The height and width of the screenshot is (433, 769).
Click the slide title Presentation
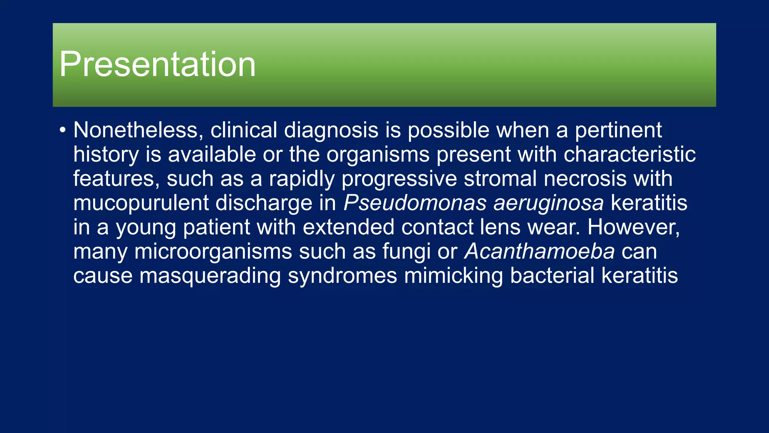tap(157, 64)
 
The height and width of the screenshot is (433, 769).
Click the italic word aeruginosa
tap(548, 203)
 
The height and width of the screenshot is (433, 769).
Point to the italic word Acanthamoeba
tap(540, 251)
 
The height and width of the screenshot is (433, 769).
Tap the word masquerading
tap(210, 276)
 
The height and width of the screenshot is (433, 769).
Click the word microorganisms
tap(213, 251)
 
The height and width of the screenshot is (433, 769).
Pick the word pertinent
tap(618, 130)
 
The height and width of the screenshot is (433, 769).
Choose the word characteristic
tap(629, 154)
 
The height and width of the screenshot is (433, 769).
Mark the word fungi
tap(406, 251)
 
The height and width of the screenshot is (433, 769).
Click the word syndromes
tap(342, 276)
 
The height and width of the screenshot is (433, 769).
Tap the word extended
tap(348, 227)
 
